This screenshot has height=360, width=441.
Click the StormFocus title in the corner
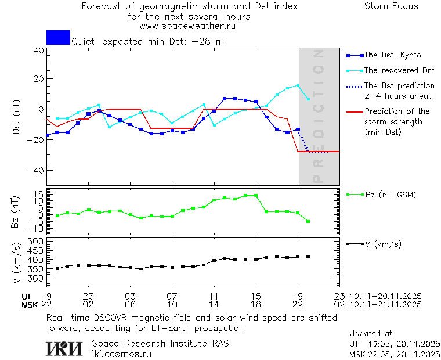[391, 7]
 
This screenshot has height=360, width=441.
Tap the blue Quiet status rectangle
[58, 38]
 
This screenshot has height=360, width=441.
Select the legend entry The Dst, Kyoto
[392, 55]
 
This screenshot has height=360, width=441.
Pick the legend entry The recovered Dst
[399, 70]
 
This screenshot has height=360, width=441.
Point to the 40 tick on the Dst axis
[38, 51]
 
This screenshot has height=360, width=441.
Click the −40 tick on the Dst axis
[36, 171]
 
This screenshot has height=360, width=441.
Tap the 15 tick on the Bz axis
[39, 193]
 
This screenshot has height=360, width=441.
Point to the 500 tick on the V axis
[36, 241]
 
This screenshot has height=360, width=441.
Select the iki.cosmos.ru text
[121, 353]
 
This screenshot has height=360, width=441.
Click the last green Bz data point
[308, 221]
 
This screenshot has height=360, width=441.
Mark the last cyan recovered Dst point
[308, 99]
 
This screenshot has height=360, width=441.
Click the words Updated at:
[371, 334]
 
